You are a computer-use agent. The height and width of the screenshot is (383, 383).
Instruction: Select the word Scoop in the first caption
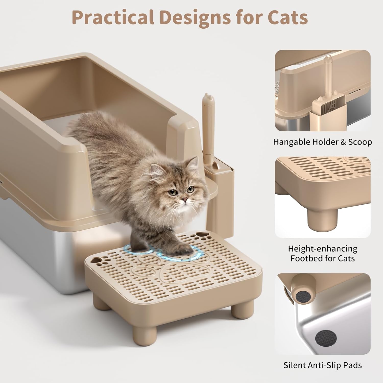point(360,142)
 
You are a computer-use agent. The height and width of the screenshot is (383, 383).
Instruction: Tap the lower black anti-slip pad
point(326,338)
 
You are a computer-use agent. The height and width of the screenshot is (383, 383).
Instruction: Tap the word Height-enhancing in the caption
point(323,248)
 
